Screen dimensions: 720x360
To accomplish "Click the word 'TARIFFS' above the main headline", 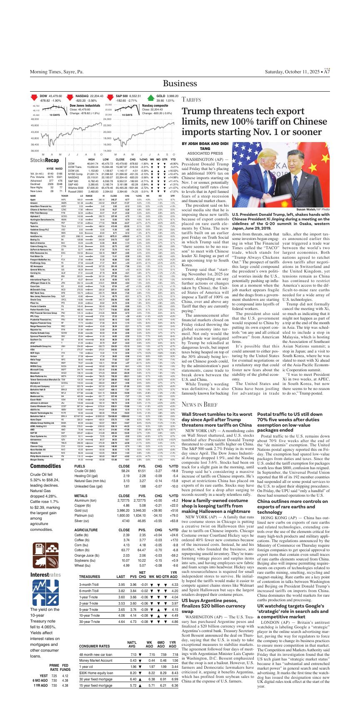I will point(192,100).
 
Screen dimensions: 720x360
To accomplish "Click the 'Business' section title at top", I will point(180,83).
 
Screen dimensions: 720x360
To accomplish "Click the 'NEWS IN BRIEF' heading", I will point(200,405).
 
